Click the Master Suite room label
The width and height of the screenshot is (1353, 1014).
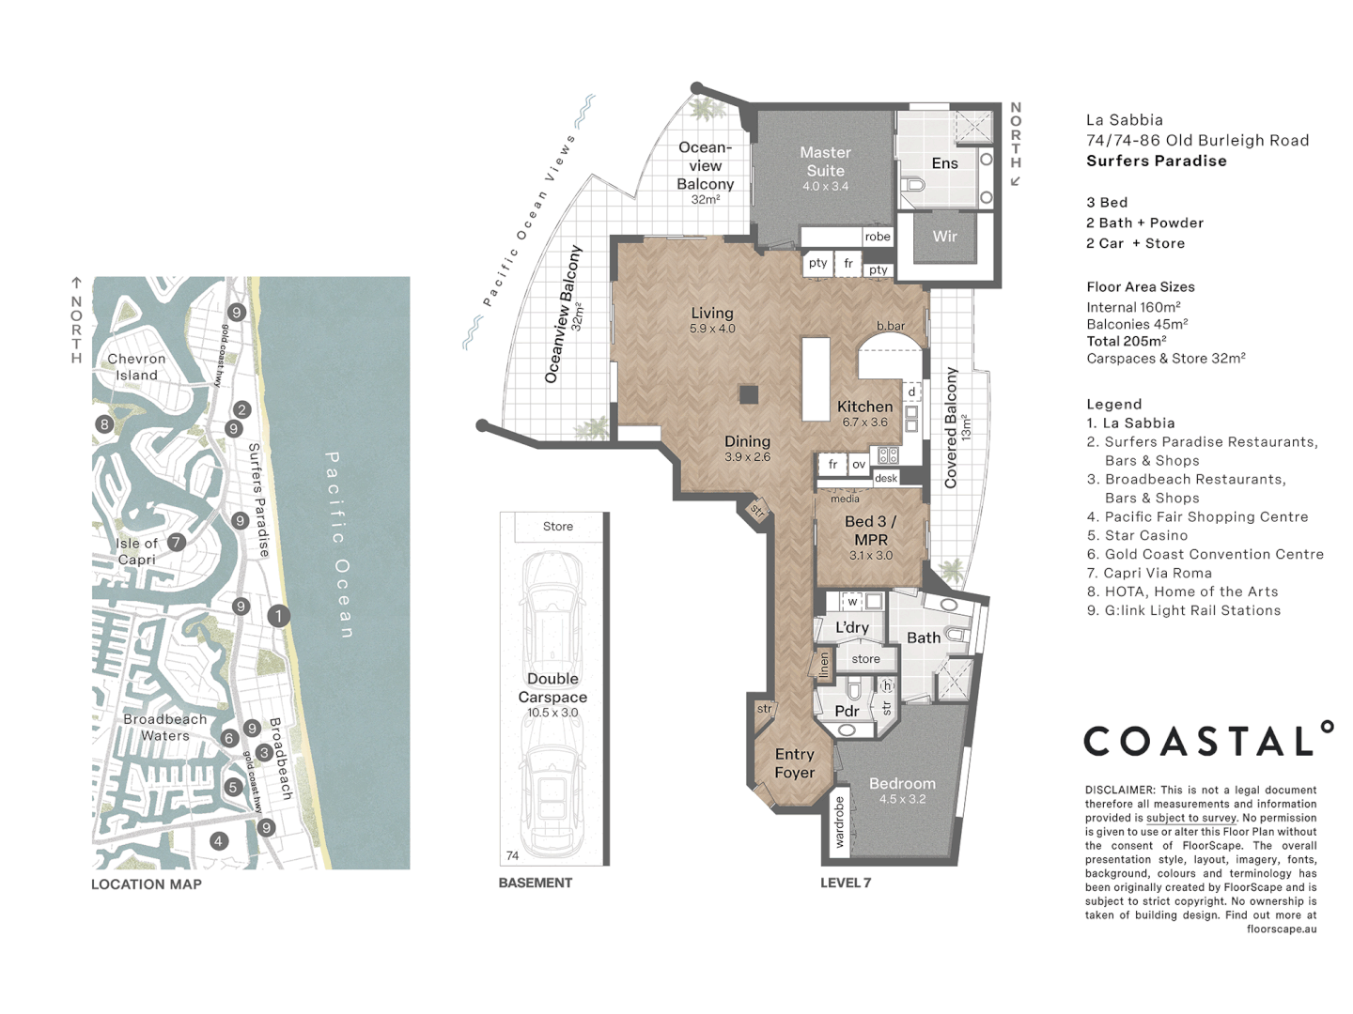(x=825, y=161)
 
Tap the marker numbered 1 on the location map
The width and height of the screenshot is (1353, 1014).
(x=279, y=615)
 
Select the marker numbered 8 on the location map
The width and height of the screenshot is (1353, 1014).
(x=104, y=423)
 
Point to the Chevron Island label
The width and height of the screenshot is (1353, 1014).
(x=136, y=367)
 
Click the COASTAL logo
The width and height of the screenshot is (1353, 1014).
(x=1208, y=739)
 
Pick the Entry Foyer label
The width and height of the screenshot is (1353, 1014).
(x=795, y=762)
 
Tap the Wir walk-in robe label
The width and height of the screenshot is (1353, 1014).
(x=944, y=237)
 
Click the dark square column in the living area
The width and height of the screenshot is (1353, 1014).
(x=749, y=394)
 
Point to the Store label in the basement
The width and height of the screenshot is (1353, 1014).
(x=558, y=527)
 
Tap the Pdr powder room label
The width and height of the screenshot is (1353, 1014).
(x=847, y=711)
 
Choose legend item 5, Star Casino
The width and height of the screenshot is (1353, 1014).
(x=1137, y=535)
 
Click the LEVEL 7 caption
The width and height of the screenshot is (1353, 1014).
(x=845, y=883)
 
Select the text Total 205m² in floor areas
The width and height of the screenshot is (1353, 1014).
(x=1127, y=341)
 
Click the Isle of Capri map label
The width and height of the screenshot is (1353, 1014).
(x=137, y=551)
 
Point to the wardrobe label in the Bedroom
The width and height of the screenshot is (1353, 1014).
(x=839, y=822)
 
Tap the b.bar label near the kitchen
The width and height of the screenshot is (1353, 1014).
(x=891, y=326)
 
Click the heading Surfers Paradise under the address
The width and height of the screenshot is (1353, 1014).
(x=1157, y=161)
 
